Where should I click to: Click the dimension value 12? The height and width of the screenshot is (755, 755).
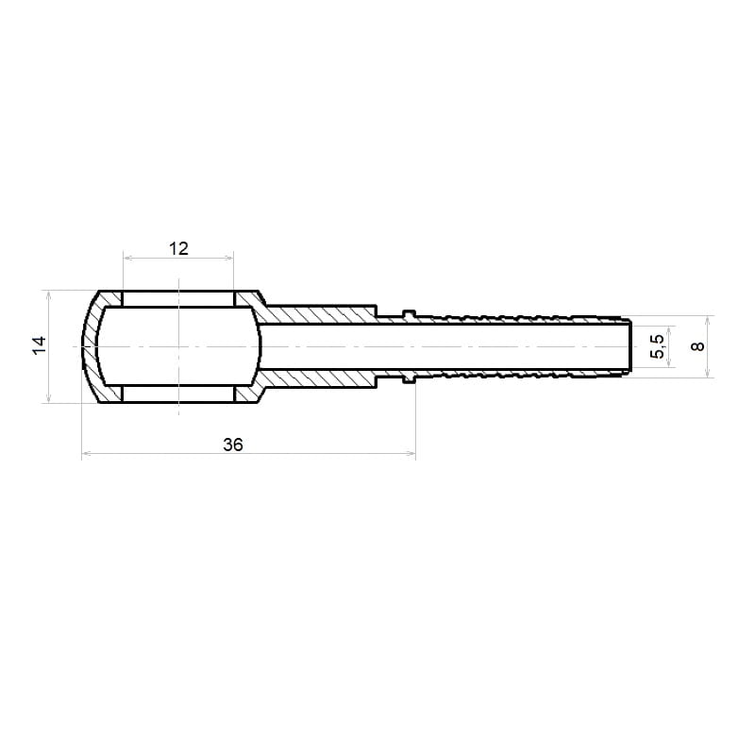[178, 248]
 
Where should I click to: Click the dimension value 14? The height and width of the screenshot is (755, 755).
[40, 345]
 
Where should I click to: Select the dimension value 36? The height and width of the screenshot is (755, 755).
[233, 445]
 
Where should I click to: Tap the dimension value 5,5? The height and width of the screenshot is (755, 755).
[657, 346]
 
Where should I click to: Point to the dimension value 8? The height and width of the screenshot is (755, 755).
[697, 345]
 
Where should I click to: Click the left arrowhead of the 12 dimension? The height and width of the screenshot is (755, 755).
[127, 258]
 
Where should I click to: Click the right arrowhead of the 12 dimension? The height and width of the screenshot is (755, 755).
[229, 258]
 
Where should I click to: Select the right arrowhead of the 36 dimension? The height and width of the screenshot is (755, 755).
[411, 453]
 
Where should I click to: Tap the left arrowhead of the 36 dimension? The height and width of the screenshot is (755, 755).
[86, 453]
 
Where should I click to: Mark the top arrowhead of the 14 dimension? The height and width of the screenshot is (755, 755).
[48, 294]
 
